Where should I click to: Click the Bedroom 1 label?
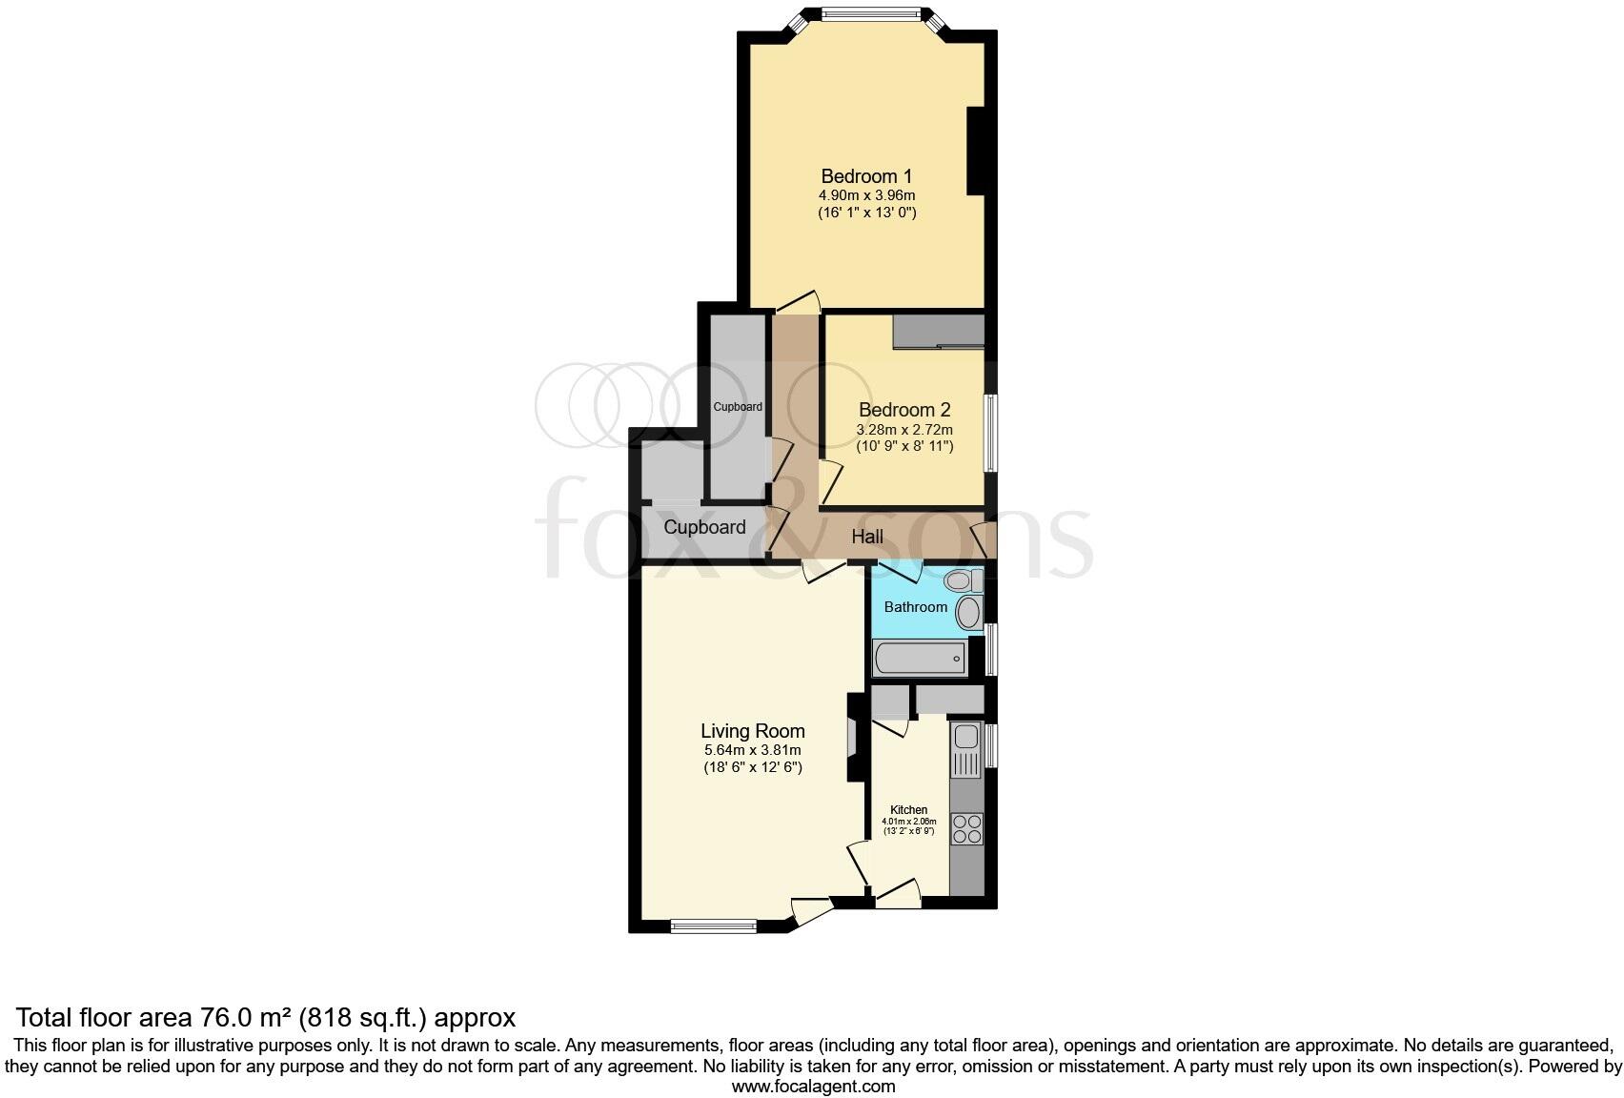tap(866, 176)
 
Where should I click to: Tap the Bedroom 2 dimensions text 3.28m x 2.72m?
tap(903, 430)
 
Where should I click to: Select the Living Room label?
tap(752, 731)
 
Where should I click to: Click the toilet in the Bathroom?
tap(963, 580)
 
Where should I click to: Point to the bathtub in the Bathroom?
tap(920, 658)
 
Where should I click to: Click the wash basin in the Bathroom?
tap(969, 613)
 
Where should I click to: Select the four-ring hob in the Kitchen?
tap(966, 828)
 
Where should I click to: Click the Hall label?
tap(866, 537)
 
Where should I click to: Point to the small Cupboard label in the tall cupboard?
tap(738, 407)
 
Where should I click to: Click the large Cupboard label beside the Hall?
tap(704, 527)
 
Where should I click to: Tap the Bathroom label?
tap(915, 607)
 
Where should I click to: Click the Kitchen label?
tap(908, 810)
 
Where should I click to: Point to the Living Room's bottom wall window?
tap(713, 925)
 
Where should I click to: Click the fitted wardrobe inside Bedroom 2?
tap(938, 332)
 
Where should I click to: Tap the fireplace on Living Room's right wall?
tap(853, 740)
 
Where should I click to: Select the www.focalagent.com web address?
tap(813, 1086)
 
